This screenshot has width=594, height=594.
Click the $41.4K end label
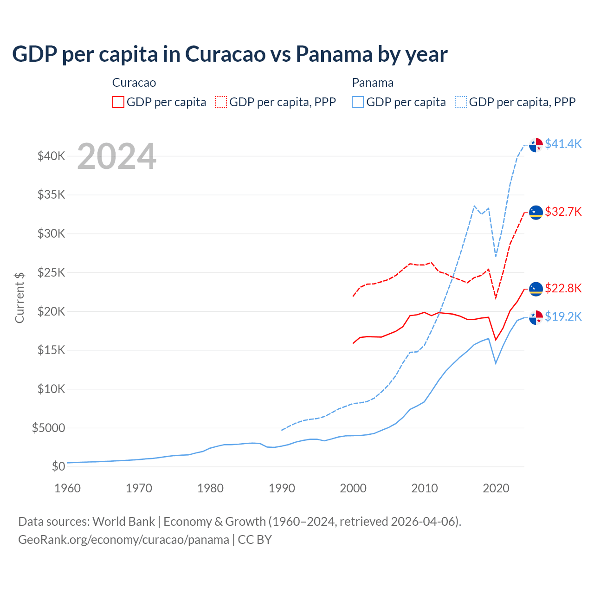pyautogui.click(x=563, y=144)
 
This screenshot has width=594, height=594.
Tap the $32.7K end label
pyautogui.click(x=563, y=212)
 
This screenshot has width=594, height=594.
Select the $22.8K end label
pyautogui.click(x=563, y=288)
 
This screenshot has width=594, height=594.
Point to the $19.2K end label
pyautogui.click(x=563, y=316)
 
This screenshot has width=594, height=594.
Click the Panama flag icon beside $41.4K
pyautogui.click(x=536, y=145)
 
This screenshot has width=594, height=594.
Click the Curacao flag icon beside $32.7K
pyautogui.click(x=536, y=213)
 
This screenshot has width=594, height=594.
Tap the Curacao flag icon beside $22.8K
pyautogui.click(x=536, y=289)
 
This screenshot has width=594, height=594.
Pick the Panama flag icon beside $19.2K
pyautogui.click(x=536, y=317)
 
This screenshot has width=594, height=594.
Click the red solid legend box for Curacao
pyautogui.click(x=118, y=102)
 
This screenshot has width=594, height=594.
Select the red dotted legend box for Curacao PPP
pyautogui.click(x=221, y=102)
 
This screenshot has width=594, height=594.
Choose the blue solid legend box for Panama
pyautogui.click(x=358, y=102)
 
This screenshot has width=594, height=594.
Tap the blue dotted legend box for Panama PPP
pyautogui.click(x=461, y=102)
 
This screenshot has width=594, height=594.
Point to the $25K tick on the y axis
pyautogui.click(x=51, y=272)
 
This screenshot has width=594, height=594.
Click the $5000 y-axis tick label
pyautogui.click(x=48, y=428)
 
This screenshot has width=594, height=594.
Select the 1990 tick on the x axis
pyautogui.click(x=282, y=488)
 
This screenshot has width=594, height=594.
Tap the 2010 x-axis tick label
pyautogui.click(x=425, y=488)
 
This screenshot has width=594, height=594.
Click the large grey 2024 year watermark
pyautogui.click(x=116, y=157)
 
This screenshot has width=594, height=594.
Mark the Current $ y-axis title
pyautogui.click(x=19, y=297)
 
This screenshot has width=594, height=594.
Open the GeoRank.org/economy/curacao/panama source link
pyautogui.click(x=123, y=540)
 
